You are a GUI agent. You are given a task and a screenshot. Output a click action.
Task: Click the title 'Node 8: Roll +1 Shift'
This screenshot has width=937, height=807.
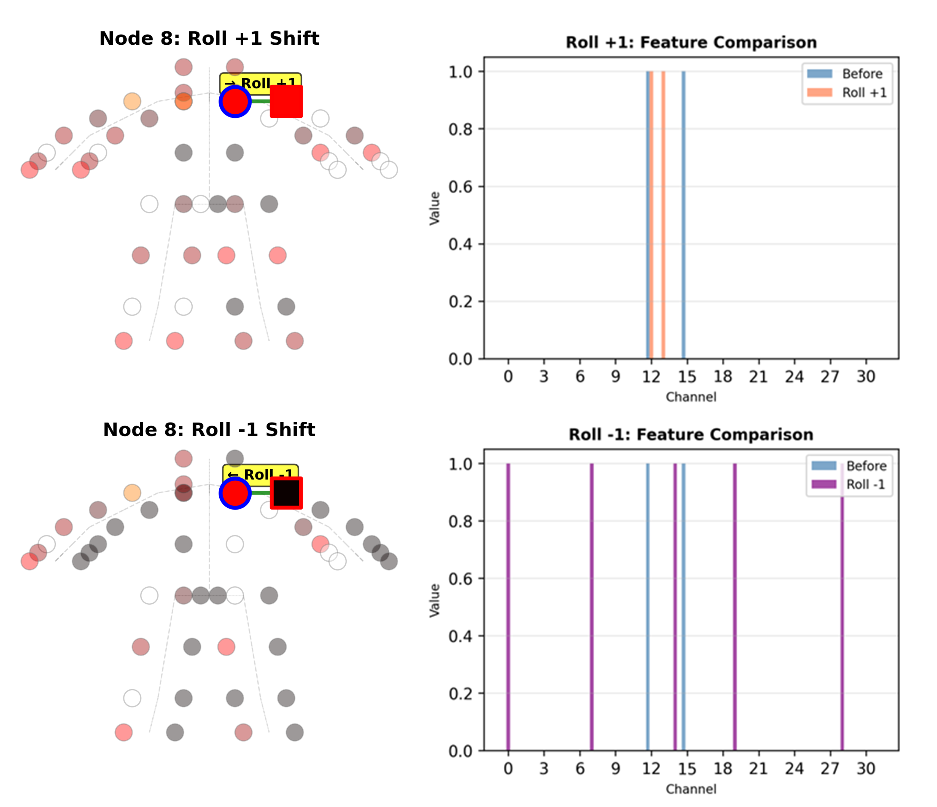pyautogui.click(x=209, y=39)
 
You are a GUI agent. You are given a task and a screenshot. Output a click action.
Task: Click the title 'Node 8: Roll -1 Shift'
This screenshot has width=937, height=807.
pyautogui.click(x=209, y=430)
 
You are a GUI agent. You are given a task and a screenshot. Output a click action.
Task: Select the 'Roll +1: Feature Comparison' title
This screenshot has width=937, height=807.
pyautogui.click(x=691, y=42)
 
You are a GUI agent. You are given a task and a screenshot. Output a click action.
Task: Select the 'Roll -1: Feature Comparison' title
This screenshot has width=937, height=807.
pyautogui.click(x=691, y=435)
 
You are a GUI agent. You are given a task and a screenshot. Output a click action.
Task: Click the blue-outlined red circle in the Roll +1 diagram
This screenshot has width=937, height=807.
pyautogui.click(x=235, y=101)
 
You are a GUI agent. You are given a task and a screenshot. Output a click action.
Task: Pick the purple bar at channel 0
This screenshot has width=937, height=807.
pyautogui.click(x=508, y=606)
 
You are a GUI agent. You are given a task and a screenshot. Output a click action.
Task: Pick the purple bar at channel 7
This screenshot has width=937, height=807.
pyautogui.click(x=591, y=606)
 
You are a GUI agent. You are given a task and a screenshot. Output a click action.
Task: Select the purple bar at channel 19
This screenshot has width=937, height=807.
pyautogui.click(x=735, y=606)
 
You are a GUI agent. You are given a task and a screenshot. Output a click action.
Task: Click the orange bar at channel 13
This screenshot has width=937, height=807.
pyautogui.click(x=663, y=215)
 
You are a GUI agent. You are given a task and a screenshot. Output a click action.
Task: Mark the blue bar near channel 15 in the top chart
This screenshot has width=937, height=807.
pyautogui.click(x=683, y=215)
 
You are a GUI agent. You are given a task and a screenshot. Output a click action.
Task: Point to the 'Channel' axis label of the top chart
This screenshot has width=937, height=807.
pyautogui.click(x=691, y=397)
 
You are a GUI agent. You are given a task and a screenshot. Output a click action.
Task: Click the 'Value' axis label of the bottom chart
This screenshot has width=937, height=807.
pyautogui.click(x=435, y=600)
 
